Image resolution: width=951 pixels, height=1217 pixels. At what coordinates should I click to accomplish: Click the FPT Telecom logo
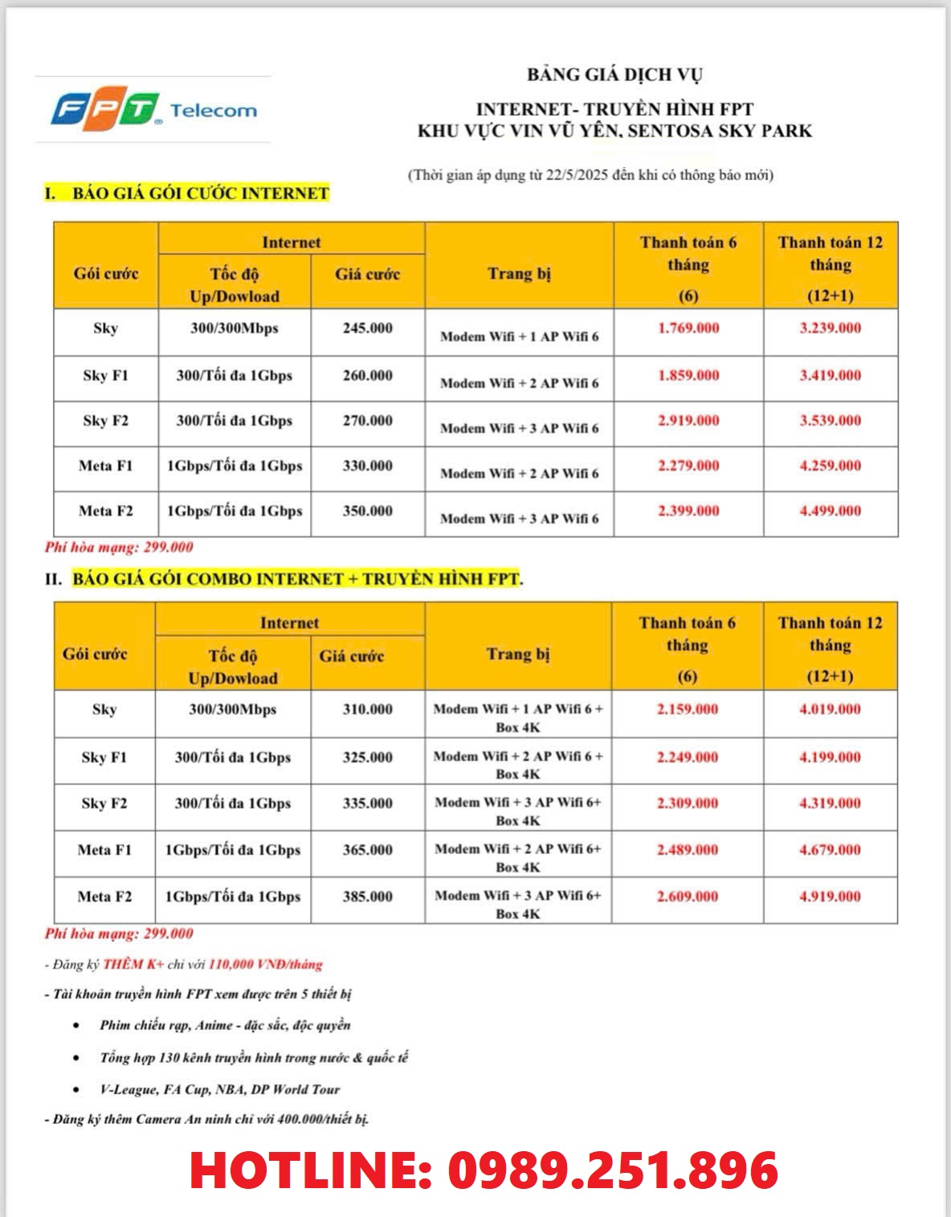coord(153,110)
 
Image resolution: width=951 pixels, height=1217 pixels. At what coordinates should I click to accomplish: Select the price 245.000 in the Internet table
coord(367,328)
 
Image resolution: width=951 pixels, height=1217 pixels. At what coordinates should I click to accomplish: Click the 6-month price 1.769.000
coord(688,328)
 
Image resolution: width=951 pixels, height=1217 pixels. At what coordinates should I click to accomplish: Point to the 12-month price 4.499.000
coord(830,511)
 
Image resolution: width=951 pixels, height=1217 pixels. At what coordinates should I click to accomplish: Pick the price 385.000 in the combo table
coord(367,897)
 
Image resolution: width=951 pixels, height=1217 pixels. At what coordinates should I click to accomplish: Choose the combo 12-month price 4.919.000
coord(830,897)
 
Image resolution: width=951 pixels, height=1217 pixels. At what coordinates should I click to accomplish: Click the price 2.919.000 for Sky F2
coord(688,421)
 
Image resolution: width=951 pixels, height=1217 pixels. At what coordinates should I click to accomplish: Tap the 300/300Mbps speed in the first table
coord(234,328)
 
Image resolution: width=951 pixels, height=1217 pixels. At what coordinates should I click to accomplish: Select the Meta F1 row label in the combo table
coord(104,850)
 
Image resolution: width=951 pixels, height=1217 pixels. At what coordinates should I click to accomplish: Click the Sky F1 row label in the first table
coord(105,376)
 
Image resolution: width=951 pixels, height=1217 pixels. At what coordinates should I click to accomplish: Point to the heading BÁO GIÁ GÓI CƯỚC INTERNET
coord(200,193)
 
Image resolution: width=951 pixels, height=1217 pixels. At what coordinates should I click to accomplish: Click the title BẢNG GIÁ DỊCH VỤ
coord(614,75)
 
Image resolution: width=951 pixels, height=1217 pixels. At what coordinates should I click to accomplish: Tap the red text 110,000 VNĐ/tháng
coord(265,964)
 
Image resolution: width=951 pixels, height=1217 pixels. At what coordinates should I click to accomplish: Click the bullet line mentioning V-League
coord(219,1089)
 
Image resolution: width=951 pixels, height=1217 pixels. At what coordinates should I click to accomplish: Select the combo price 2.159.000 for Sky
coord(687,710)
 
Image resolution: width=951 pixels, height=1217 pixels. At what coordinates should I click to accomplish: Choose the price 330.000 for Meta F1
coord(367,466)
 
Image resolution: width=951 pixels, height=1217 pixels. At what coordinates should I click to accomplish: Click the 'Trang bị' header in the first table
coord(519,274)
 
